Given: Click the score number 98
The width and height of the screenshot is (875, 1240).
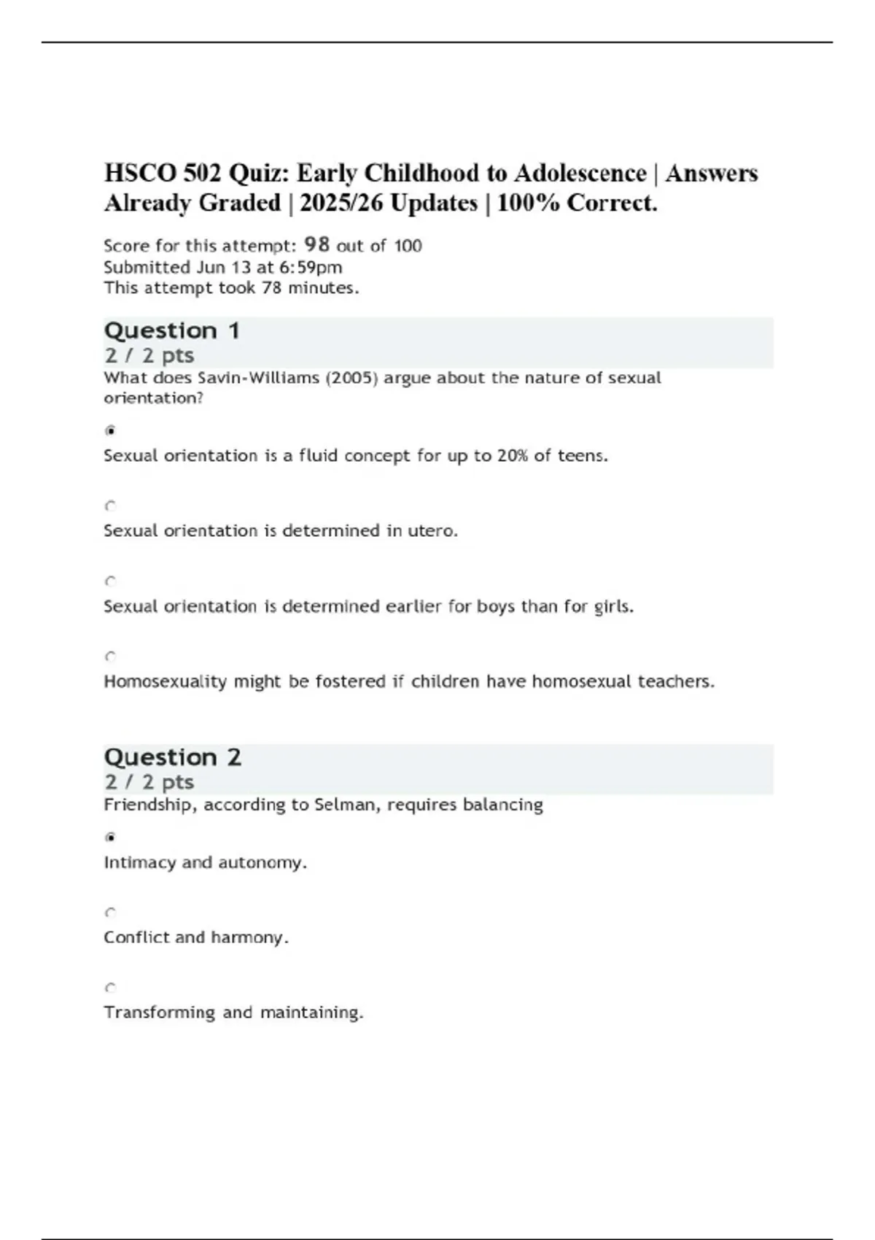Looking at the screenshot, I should point(316,244).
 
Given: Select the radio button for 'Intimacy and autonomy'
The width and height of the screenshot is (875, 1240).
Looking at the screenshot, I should point(110,837).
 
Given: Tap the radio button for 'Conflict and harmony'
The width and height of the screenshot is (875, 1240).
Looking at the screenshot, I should point(110,912).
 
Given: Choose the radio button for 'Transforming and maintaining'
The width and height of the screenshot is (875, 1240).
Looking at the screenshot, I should point(110,988).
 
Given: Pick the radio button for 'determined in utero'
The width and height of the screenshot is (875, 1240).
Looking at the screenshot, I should point(110,505).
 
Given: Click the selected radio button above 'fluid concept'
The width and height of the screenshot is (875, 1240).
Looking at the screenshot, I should point(110,430).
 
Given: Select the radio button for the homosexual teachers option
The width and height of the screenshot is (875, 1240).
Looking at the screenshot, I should point(110,656).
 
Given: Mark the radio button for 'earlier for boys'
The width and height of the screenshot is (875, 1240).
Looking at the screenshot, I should point(110,581).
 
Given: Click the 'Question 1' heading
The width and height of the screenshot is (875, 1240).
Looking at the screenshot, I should point(172,331).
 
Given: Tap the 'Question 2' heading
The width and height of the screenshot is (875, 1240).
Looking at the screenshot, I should point(172,757).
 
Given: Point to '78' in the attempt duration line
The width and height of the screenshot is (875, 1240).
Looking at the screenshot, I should point(271,288).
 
